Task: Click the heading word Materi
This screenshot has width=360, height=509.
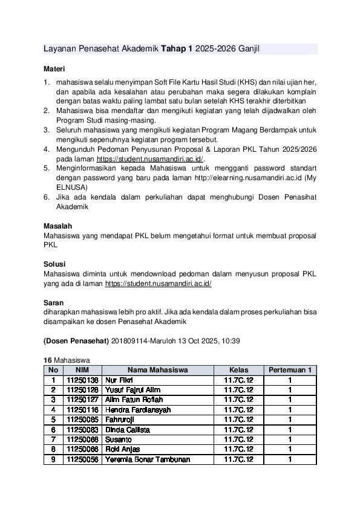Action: click(x=54, y=69)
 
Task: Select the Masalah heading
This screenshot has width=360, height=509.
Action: click(x=58, y=226)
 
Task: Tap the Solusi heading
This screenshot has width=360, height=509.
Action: click(x=55, y=264)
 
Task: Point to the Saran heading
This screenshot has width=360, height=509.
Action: click(x=54, y=302)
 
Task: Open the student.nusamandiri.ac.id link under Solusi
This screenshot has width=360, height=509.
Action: click(x=158, y=283)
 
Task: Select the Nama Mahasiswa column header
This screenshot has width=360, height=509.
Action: click(x=157, y=370)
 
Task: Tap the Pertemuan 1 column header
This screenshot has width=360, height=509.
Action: click(x=290, y=370)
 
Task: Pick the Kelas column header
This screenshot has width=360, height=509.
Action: click(x=238, y=370)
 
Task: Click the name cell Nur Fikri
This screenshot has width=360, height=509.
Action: click(x=119, y=380)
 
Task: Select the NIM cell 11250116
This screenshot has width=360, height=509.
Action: click(x=82, y=410)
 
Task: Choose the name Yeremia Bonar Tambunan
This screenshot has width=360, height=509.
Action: click(x=148, y=459)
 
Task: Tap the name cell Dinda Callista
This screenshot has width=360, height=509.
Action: click(x=127, y=430)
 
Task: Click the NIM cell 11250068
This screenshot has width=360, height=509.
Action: click(x=82, y=439)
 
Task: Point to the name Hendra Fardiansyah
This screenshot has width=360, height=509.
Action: click(x=138, y=410)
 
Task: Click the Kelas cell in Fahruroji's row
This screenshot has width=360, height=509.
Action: click(x=238, y=420)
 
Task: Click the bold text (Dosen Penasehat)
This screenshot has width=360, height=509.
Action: click(x=76, y=342)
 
